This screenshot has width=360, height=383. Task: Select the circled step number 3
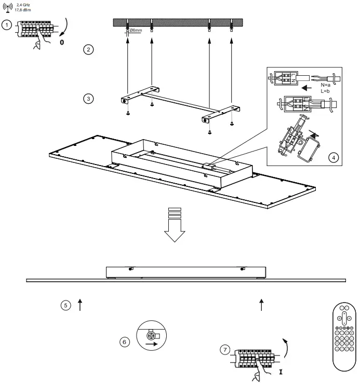[89, 98]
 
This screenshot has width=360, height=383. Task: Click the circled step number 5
[65, 305]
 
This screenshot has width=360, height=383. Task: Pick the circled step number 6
[124, 341]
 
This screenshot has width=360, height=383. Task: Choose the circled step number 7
[224, 350]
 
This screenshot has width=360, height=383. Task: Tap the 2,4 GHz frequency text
[23, 4]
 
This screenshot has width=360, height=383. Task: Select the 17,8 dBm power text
[23, 9]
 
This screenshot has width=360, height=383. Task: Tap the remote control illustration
[343, 337]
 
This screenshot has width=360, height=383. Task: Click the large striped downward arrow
[175, 224]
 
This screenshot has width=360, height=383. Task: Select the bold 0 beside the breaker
[62, 42]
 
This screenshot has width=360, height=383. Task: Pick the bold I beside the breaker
[281, 372]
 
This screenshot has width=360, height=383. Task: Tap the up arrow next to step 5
[80, 305]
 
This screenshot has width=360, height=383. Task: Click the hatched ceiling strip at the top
[178, 23]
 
